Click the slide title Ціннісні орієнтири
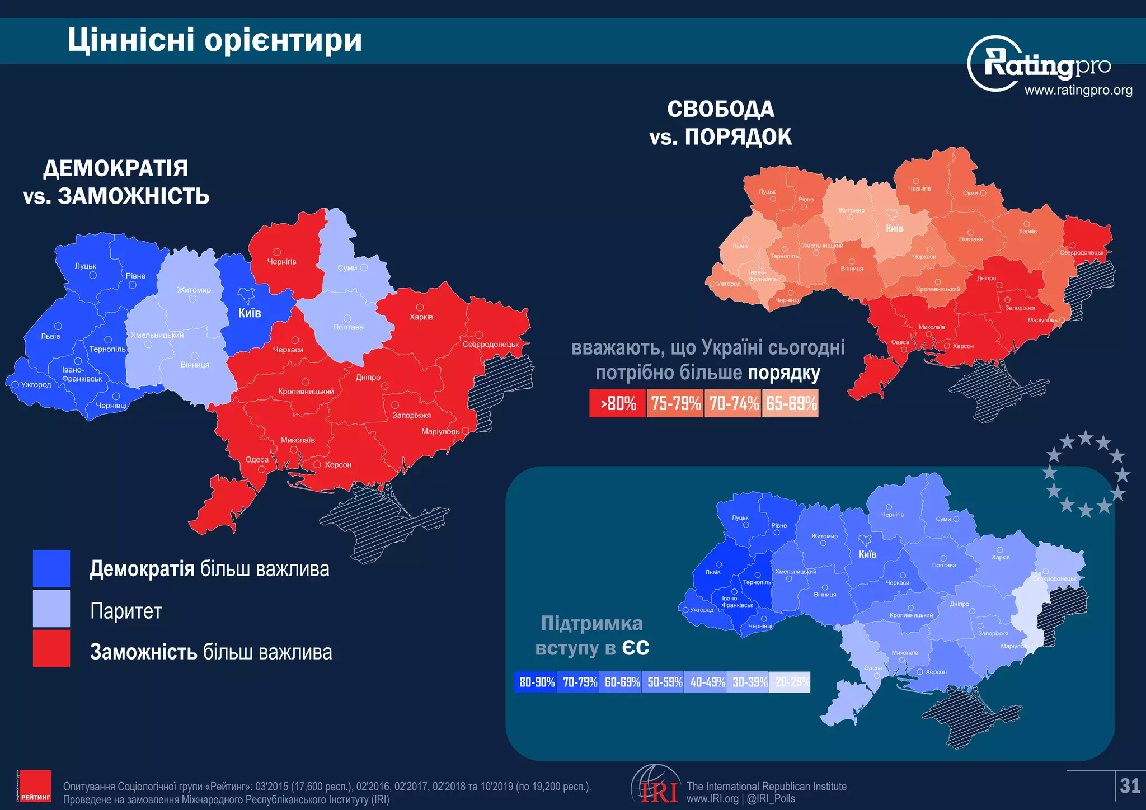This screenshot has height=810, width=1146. pyautogui.click(x=215, y=40)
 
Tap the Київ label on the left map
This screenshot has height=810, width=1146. pyautogui.click(x=250, y=313)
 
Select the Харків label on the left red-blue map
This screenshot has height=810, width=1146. pyautogui.click(x=421, y=317)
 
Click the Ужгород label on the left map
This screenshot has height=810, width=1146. pyautogui.click(x=36, y=384)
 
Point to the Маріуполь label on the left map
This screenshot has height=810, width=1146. pyautogui.click(x=440, y=431)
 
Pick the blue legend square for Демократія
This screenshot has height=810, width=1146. pyautogui.click(x=51, y=568)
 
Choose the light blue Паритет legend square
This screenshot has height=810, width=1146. pyautogui.click(x=51, y=609)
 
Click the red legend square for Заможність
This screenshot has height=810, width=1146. pyautogui.click(x=51, y=649)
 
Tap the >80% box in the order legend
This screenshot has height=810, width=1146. pyautogui.click(x=618, y=403)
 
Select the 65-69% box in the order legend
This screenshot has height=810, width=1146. pyautogui.click(x=791, y=403)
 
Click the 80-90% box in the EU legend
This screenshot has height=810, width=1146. pyautogui.click(x=536, y=682)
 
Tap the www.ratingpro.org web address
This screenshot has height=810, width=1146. pyautogui.click(x=1078, y=90)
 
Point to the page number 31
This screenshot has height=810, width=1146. pyautogui.click(x=1129, y=786)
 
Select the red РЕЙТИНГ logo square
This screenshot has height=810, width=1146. pyautogui.click(x=35, y=786)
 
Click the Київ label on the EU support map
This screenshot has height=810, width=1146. pyautogui.click(x=867, y=554)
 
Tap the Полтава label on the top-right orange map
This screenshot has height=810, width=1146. pyautogui.click(x=970, y=239)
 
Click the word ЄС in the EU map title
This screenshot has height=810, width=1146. pyautogui.click(x=636, y=648)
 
